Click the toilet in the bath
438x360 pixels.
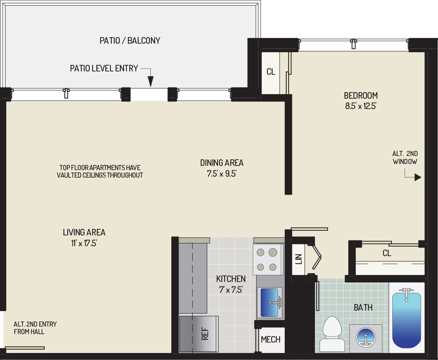click(332, 334)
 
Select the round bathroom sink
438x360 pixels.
click(366, 337)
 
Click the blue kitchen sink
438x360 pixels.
click(270, 303)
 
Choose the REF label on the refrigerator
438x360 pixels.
click(205, 334)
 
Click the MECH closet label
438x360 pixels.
click(270, 339)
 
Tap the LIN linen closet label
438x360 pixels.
click(299, 259)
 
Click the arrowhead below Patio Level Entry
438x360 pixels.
click(150, 82)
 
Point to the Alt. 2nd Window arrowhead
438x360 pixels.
click(418, 177)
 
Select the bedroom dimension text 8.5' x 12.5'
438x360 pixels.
click(360, 106)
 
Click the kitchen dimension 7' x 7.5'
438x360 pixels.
click(231, 290)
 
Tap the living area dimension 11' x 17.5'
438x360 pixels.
click(84, 243)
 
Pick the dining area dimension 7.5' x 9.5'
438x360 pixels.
click(221, 174)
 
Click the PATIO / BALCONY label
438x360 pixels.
click(130, 40)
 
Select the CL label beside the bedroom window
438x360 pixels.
click(271, 72)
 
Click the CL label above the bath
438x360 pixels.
click(387, 253)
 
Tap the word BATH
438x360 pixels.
click(363, 307)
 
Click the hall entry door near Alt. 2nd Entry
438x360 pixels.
click(25, 348)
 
